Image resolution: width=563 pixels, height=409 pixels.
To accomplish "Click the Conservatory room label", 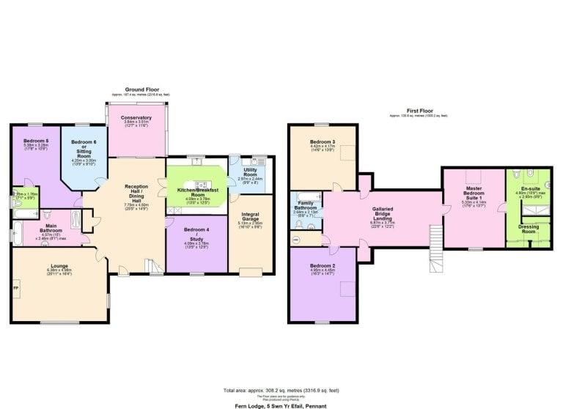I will [137, 117].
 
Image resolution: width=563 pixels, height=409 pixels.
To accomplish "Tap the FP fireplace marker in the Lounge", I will [16, 287].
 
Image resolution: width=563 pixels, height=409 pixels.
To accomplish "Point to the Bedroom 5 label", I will [36, 140].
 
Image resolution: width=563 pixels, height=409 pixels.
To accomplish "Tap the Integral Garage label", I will [250, 218].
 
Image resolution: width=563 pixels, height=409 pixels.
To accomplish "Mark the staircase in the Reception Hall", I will [153, 267].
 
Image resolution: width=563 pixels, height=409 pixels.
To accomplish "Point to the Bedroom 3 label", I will [323, 141].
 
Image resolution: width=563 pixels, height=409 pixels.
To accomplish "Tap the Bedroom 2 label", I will [323, 265].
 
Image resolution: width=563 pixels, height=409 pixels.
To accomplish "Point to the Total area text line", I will [281, 389].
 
